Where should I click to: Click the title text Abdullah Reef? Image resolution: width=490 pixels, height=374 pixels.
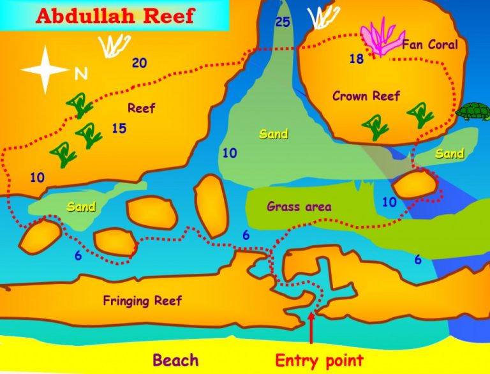pyautogui.click(x=115, y=15)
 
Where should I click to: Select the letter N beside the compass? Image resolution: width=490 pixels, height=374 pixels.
pyautogui.click(x=81, y=75)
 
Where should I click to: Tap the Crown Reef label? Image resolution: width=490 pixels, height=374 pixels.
pyautogui.click(x=366, y=96)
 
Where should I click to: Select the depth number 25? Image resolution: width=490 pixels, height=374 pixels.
pyautogui.click(x=283, y=23)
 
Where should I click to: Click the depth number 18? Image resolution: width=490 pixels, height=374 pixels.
pyautogui.click(x=356, y=59)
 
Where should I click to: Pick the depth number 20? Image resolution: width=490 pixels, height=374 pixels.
pyautogui.click(x=139, y=63)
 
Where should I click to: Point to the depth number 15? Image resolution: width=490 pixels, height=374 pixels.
pyautogui.click(x=119, y=129)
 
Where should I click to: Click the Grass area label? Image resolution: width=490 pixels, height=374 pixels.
pyautogui.click(x=299, y=207)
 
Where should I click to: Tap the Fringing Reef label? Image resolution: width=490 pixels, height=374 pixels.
pyautogui.click(x=142, y=301)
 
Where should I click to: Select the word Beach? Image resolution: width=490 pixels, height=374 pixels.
pyautogui.click(x=175, y=361)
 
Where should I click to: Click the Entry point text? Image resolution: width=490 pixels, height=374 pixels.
pyautogui.click(x=319, y=361)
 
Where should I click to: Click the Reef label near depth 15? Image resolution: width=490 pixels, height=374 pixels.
pyautogui.click(x=142, y=108)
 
